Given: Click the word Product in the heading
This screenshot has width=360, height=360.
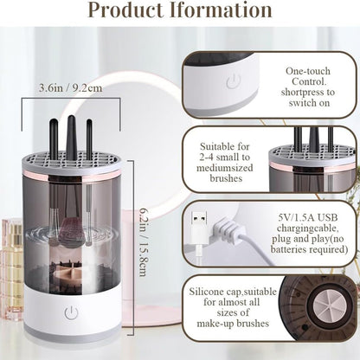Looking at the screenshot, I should click(139, 12).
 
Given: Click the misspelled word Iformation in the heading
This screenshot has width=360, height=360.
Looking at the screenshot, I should click(228, 12).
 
